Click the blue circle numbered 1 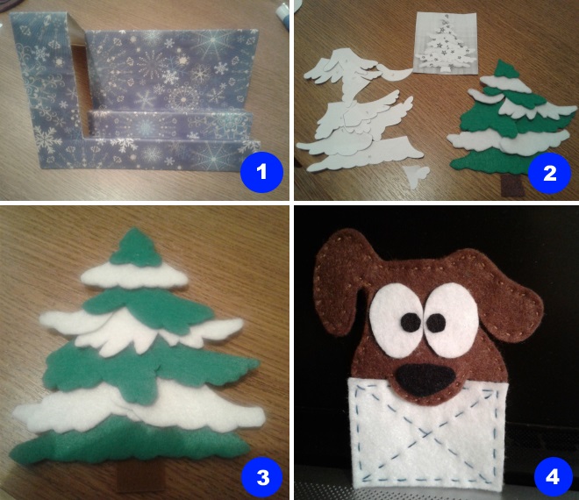coord(261,171)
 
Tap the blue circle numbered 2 coord(550,173)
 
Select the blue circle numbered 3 coord(262,477)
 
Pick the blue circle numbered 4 coord(552,477)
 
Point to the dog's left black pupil coord(411,321)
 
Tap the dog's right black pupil coord(436,323)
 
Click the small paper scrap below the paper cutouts coord(417,175)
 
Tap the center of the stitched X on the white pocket coord(425,432)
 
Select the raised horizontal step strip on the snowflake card coord(170,119)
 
